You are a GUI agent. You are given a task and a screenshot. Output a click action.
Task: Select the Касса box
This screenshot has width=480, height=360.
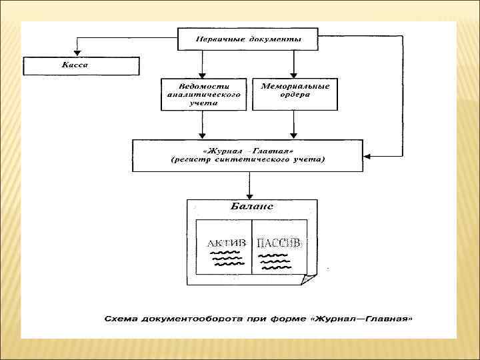[x=81, y=66]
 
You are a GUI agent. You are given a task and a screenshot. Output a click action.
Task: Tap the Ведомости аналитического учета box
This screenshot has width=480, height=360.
[x=203, y=95]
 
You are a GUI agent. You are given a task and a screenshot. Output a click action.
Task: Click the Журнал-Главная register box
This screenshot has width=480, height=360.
[x=248, y=155]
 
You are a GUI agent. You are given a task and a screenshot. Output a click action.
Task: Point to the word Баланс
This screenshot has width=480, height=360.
[x=251, y=207]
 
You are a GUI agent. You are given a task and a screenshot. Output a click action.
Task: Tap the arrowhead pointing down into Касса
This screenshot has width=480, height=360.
[x=77, y=53]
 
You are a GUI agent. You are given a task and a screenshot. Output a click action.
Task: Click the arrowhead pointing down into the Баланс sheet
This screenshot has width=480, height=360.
[x=249, y=194]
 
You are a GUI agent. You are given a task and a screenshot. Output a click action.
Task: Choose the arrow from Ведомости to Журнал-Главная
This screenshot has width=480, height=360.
[x=202, y=123]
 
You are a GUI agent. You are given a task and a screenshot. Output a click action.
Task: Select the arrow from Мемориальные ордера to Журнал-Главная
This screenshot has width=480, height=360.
[x=295, y=123]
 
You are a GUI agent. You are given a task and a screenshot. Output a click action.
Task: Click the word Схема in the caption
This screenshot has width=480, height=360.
[x=119, y=318]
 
